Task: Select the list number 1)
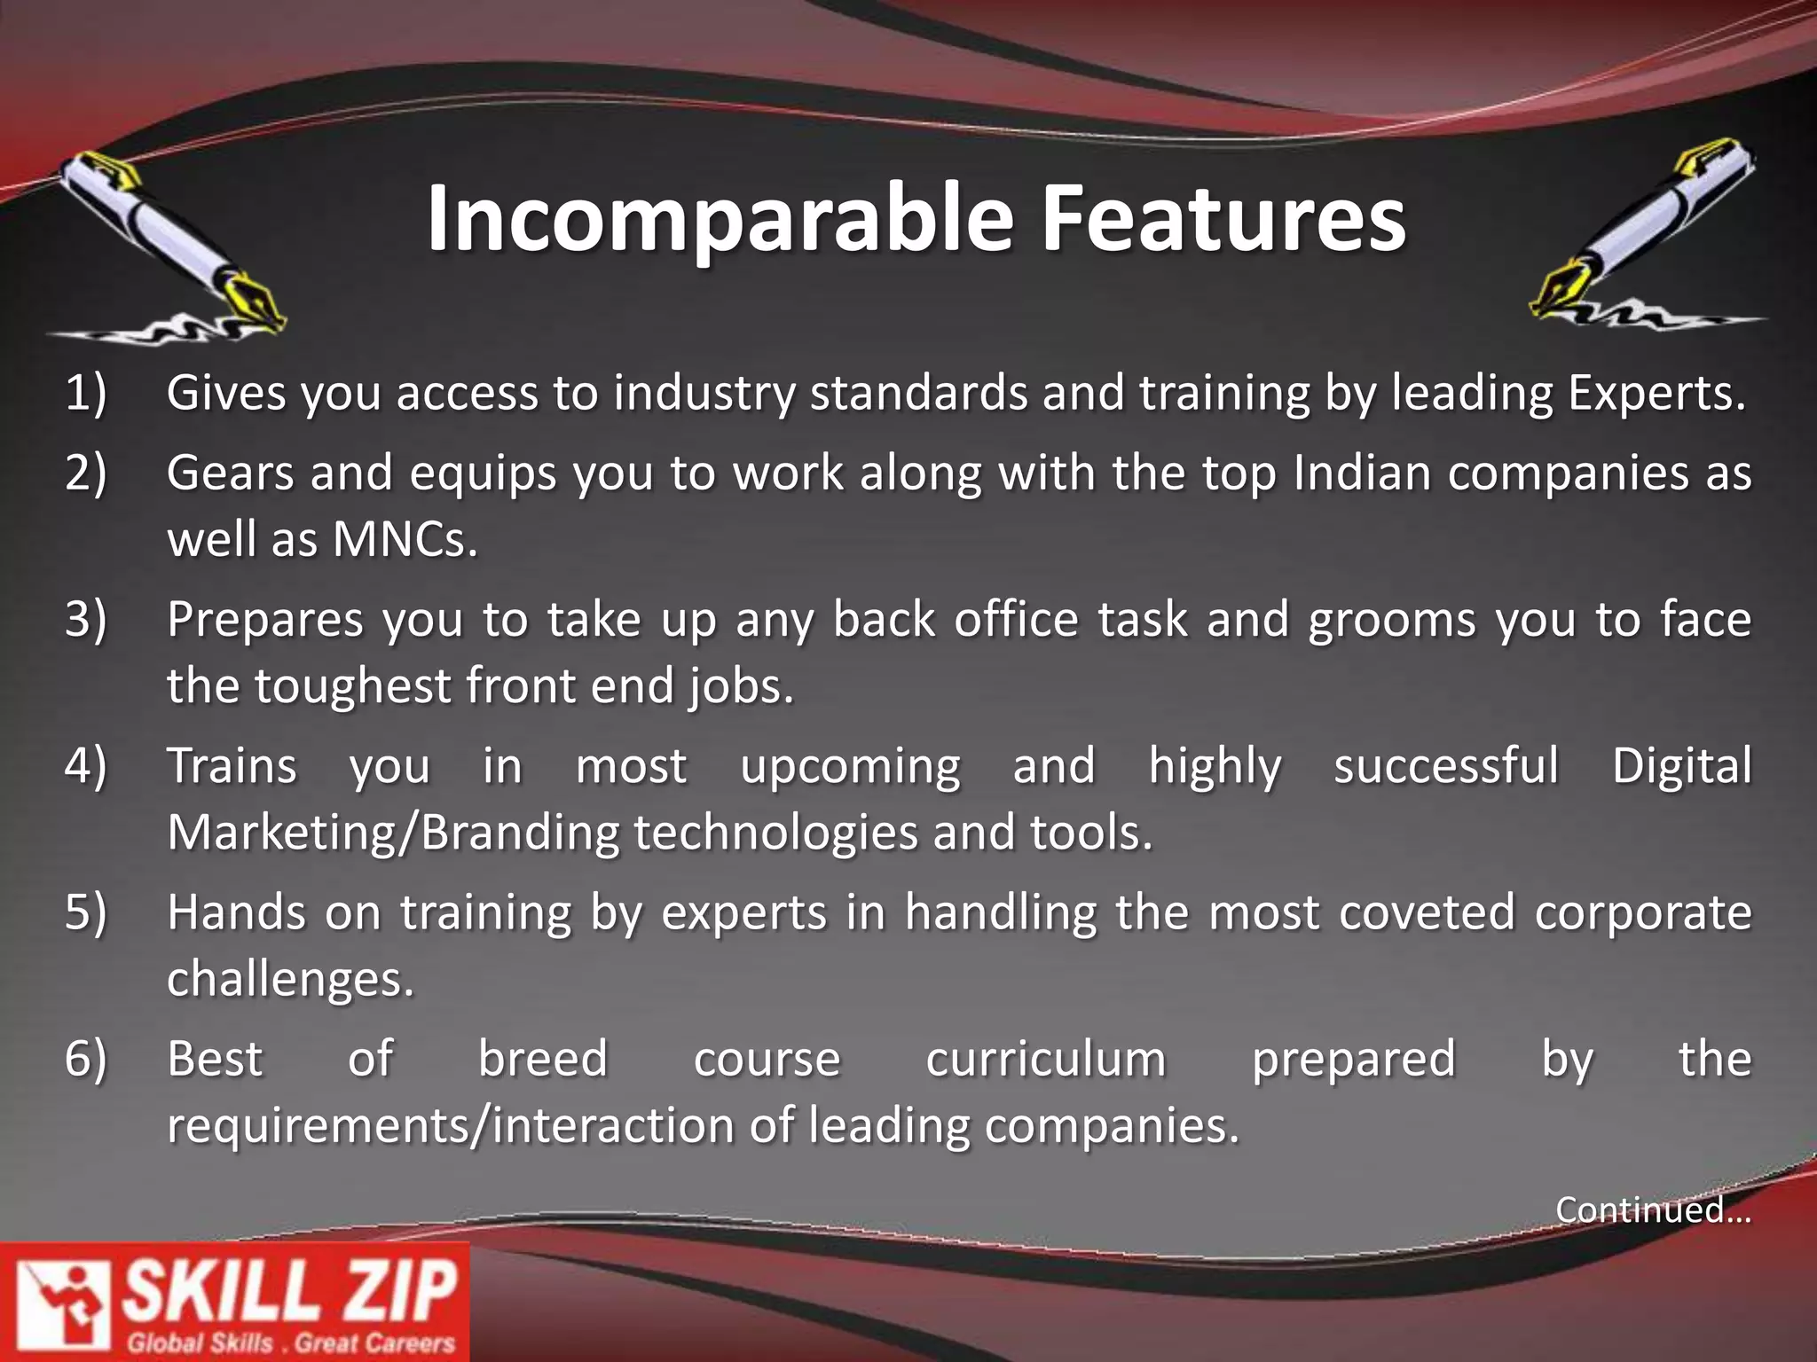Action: coord(85,393)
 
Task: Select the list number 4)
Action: coord(85,765)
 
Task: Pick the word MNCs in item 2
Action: coord(405,539)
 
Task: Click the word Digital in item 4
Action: coord(1681,765)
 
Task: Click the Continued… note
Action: coord(1653,1209)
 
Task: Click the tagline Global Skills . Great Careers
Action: coord(291,1342)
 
